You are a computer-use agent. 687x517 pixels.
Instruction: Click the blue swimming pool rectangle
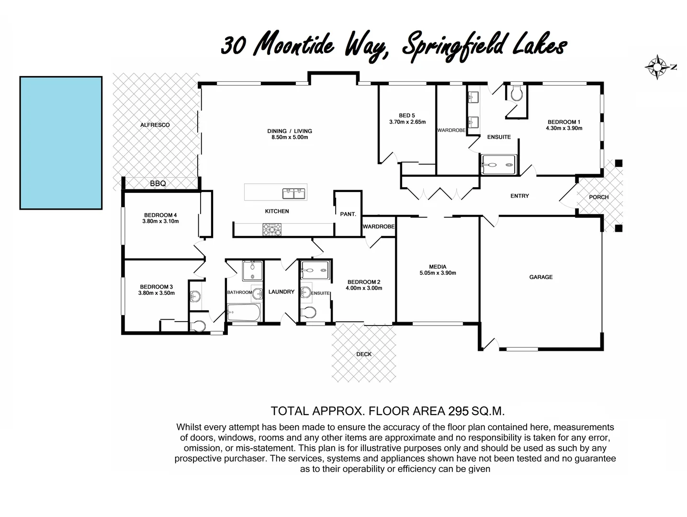(x=61, y=143)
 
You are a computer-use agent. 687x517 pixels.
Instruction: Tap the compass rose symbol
(x=657, y=67)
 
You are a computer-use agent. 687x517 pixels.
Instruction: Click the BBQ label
(x=158, y=183)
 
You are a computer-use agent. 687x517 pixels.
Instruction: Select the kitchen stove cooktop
(x=272, y=230)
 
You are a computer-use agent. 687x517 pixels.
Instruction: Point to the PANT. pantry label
(x=348, y=214)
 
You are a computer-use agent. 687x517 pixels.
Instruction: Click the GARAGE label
(x=541, y=277)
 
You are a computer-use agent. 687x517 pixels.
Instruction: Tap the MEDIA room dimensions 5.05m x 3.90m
(x=438, y=273)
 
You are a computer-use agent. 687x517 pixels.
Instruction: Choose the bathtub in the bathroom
(x=244, y=313)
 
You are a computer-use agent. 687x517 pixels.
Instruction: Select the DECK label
(x=364, y=354)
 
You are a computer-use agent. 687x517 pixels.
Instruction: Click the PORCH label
(x=598, y=197)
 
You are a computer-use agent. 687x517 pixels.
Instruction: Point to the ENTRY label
(x=519, y=196)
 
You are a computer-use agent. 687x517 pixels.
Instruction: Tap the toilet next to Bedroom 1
(x=517, y=94)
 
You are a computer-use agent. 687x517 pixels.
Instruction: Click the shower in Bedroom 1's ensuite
(x=498, y=165)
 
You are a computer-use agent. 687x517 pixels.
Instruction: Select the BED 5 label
(x=407, y=115)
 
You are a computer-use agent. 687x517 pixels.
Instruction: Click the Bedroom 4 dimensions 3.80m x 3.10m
(x=160, y=222)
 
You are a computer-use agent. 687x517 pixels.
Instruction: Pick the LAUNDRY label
(x=281, y=292)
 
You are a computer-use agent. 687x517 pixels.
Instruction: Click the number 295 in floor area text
(x=458, y=411)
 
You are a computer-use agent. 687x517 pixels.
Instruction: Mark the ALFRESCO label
(x=155, y=125)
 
